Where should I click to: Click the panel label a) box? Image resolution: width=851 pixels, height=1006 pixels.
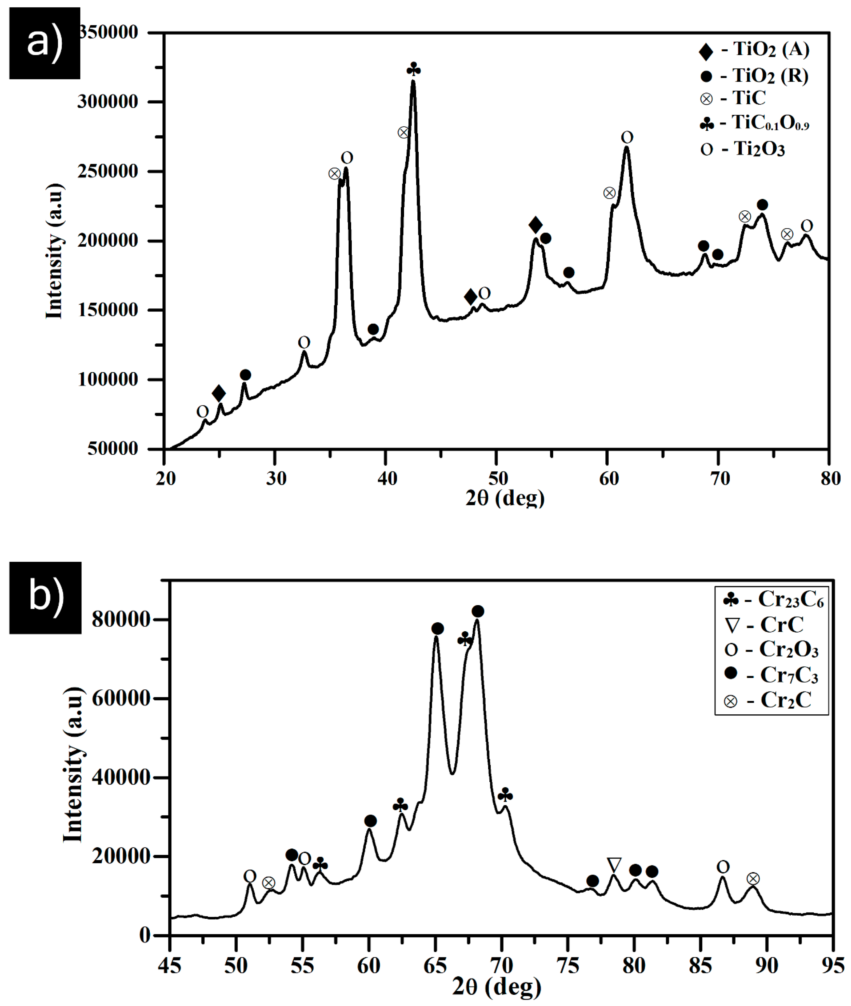pyautogui.click(x=44, y=43)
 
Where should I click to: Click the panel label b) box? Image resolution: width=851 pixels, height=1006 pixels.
pyautogui.click(x=45, y=597)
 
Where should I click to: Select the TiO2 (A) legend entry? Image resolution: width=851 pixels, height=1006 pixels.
pyautogui.click(x=754, y=50)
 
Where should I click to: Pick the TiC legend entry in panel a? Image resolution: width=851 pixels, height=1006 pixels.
pyautogui.click(x=733, y=98)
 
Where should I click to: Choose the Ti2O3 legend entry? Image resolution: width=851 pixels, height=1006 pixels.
pyautogui.click(x=743, y=149)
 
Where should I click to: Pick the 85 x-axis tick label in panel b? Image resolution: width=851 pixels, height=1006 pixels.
pyautogui.click(x=700, y=966)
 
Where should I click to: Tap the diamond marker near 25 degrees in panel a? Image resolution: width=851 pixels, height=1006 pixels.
pyautogui.click(x=218, y=393)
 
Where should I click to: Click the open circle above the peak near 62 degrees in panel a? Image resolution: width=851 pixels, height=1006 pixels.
pyautogui.click(x=627, y=138)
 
